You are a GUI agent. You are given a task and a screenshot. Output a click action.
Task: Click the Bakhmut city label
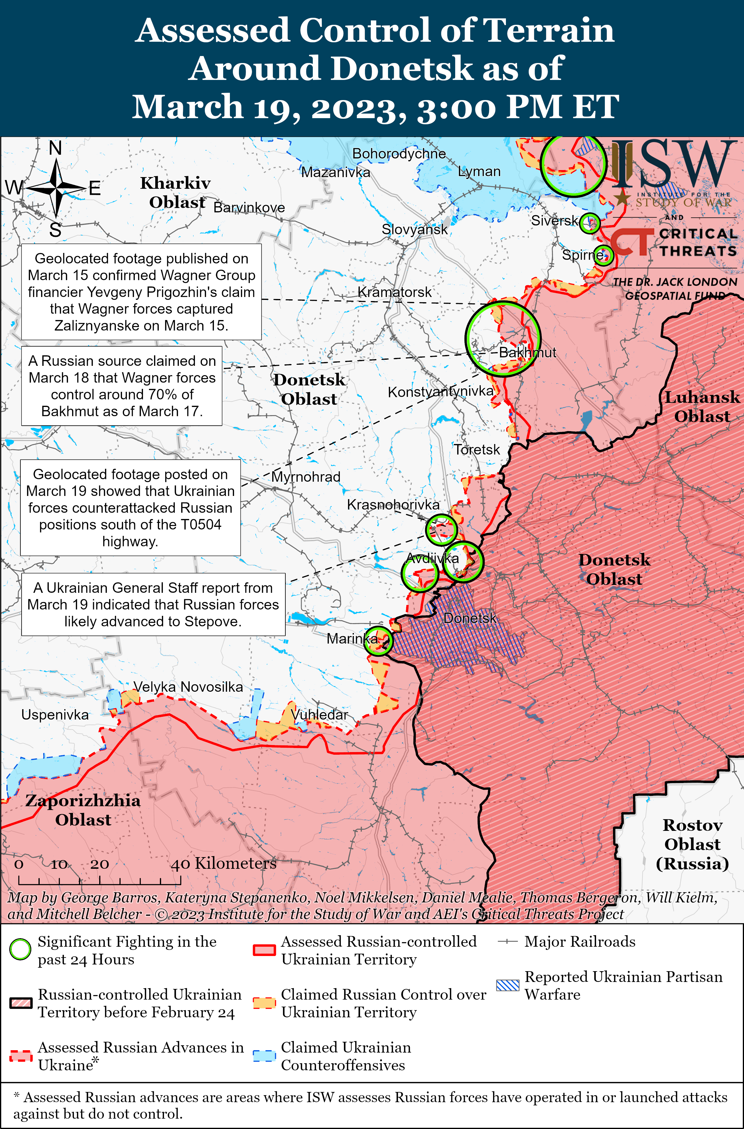527,352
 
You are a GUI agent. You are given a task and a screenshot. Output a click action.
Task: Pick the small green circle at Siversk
590,223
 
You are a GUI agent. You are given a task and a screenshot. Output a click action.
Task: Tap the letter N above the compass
55,148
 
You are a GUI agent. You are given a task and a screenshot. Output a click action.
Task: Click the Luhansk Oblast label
702,407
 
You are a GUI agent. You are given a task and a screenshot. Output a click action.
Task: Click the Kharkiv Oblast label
176,192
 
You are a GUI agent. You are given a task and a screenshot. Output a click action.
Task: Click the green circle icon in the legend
20,949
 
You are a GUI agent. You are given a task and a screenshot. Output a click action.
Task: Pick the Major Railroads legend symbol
507,942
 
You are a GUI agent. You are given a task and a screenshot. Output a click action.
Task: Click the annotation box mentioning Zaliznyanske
142,292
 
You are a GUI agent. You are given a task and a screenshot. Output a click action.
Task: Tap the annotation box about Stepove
153,604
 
